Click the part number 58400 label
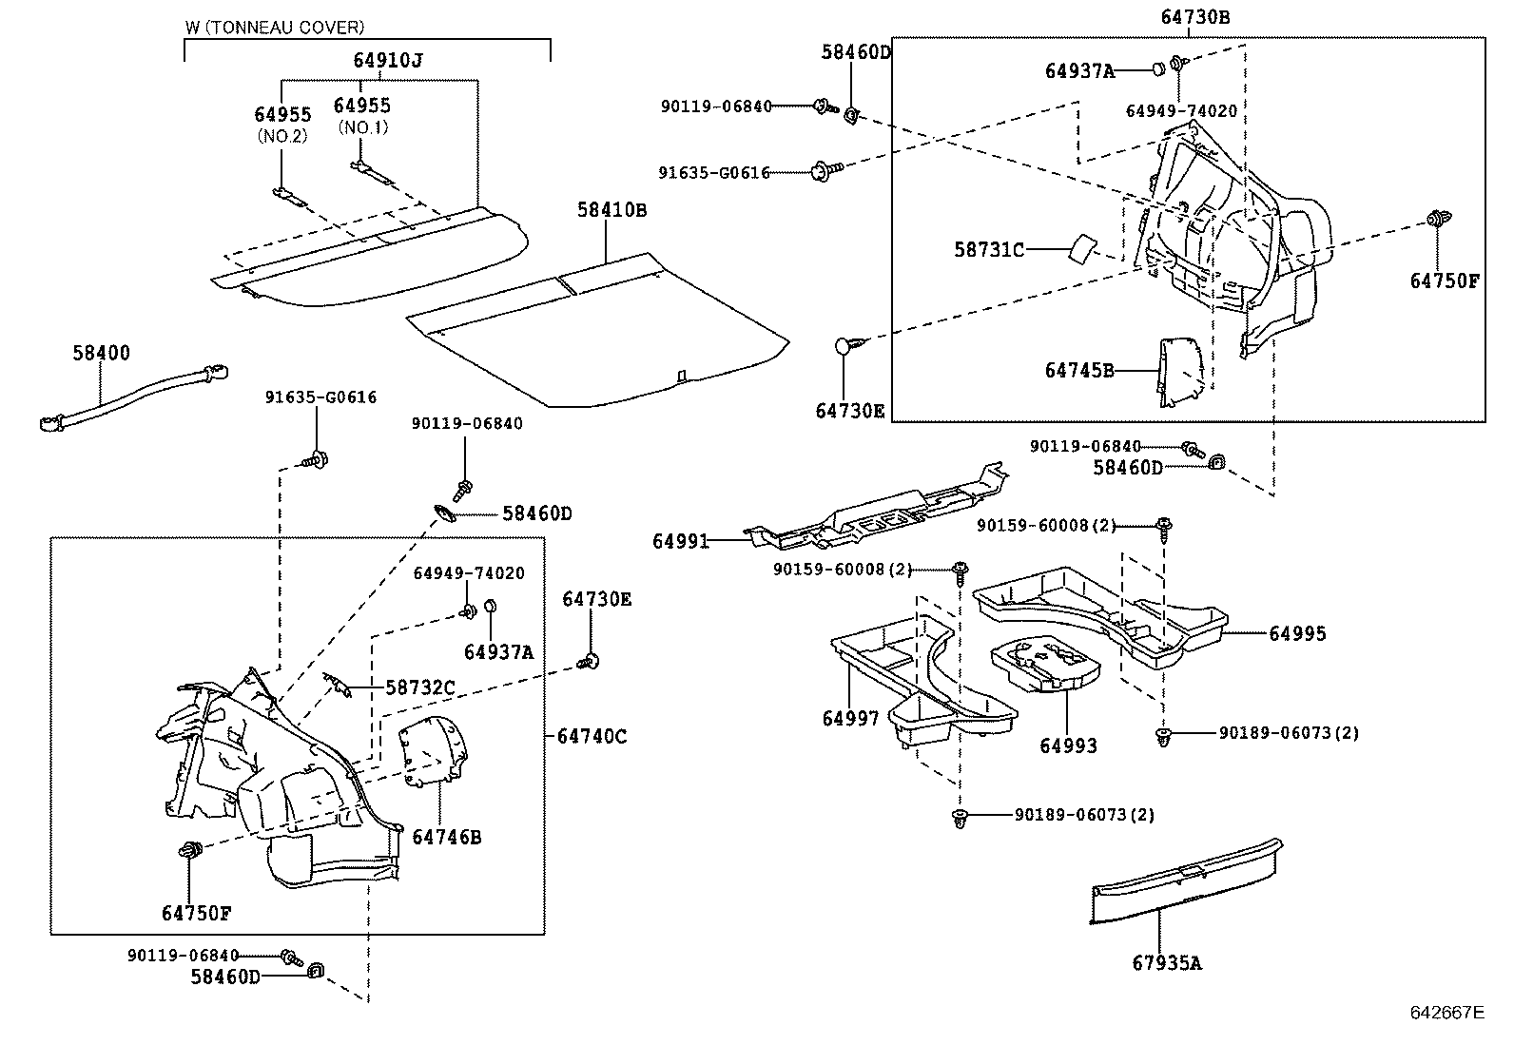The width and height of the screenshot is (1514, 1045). coord(101,353)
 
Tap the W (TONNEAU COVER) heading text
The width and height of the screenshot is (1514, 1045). coord(274,29)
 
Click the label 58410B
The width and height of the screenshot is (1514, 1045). coord(611,210)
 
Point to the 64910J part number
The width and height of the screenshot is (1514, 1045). coord(387,60)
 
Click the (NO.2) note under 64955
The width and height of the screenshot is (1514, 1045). coord(282,136)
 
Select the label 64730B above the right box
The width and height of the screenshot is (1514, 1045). coord(1194,16)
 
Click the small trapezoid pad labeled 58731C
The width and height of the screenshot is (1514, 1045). coord(1081,248)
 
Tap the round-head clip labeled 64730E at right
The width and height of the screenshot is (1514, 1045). coord(845,347)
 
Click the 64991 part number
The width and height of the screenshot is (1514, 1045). coord(680,541)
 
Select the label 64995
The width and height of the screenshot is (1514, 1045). coord(1296,633)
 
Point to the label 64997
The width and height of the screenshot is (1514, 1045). coord(850,719)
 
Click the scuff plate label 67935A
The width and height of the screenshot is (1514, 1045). coord(1166,962)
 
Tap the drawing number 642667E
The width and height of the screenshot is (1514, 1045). coord(1446,1012)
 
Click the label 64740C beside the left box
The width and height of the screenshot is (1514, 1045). coord(592,736)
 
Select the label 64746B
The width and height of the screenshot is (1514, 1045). coord(446,837)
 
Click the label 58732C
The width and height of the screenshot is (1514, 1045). coord(419,687)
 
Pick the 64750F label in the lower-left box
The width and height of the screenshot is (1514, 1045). coord(196,913)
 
